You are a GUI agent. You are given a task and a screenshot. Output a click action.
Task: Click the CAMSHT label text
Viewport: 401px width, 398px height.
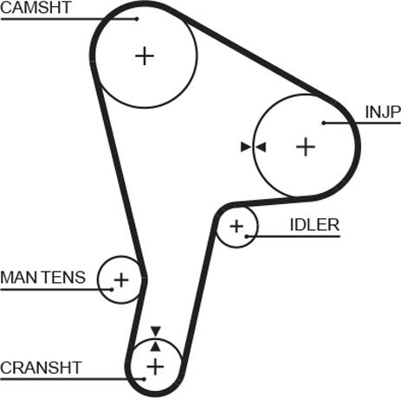pyautogui.click(x=36, y=8)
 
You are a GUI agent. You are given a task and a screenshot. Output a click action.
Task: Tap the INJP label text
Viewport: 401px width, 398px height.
pyautogui.click(x=383, y=112)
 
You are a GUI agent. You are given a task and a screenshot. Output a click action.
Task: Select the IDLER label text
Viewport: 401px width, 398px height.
pyautogui.click(x=314, y=225)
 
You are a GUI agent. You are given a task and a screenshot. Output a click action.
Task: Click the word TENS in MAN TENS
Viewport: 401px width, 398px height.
pyautogui.click(x=64, y=277)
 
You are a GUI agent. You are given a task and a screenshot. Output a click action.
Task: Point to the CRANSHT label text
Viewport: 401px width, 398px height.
pyautogui.click(x=41, y=368)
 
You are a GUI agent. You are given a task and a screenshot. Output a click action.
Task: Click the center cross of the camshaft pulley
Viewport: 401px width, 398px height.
pyautogui.click(x=145, y=55)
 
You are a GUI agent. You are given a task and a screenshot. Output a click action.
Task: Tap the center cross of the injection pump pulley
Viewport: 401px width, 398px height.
pyautogui.click(x=306, y=147)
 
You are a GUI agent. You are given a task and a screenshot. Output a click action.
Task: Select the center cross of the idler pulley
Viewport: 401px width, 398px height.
pyautogui.click(x=236, y=226)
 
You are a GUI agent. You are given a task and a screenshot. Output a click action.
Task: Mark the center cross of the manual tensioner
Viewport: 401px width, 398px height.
pyautogui.click(x=121, y=279)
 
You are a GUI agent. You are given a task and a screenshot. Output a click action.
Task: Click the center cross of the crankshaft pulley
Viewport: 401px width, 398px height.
pyautogui.click(x=155, y=367)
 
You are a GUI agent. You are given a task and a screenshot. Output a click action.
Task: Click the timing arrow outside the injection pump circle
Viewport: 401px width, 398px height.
pyautogui.click(x=246, y=147)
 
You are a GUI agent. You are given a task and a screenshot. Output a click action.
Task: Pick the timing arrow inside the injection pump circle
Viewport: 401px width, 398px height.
pyautogui.click(x=261, y=147)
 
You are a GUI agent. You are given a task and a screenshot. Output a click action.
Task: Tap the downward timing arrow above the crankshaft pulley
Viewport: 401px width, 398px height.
pyautogui.click(x=156, y=331)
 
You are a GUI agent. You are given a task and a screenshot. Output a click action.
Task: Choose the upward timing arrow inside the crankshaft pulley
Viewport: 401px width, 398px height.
pyautogui.click(x=156, y=346)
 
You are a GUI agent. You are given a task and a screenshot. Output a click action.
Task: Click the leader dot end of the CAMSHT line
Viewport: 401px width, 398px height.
pyautogui.click(x=137, y=19)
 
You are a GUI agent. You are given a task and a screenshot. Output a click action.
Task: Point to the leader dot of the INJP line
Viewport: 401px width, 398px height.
pyautogui.click(x=324, y=123)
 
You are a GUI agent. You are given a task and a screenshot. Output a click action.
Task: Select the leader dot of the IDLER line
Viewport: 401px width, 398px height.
pyautogui.click(x=247, y=236)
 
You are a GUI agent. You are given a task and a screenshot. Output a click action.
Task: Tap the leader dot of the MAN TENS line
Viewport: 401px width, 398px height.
pyautogui.click(x=111, y=289)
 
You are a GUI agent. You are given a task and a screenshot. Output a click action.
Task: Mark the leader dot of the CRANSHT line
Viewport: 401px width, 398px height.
pyautogui.click(x=144, y=379)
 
